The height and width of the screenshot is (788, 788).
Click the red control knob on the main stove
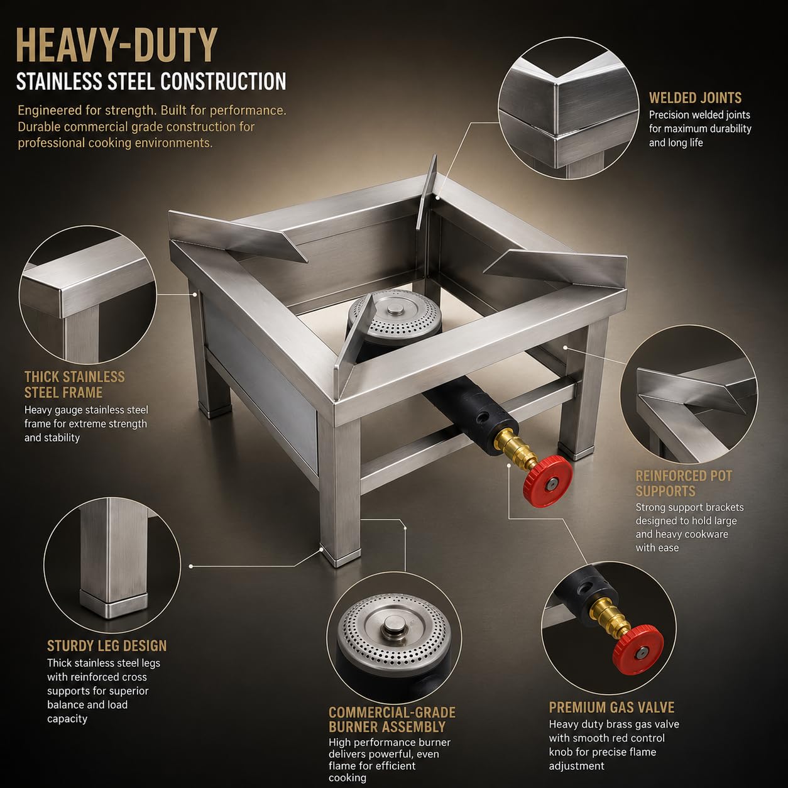tap(549, 481)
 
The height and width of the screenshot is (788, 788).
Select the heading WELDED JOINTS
tap(695, 98)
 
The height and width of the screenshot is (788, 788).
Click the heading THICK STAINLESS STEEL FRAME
tap(74, 385)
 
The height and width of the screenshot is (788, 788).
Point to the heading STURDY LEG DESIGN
tap(107, 646)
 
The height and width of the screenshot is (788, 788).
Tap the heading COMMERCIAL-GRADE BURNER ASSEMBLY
tap(391, 720)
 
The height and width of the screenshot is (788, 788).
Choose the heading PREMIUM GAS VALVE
tap(611, 707)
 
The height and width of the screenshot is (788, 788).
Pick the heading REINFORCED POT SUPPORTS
tap(683, 483)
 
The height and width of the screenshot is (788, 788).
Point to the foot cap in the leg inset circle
tap(113, 603)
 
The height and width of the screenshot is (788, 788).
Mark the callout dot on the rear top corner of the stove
tap(437, 198)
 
